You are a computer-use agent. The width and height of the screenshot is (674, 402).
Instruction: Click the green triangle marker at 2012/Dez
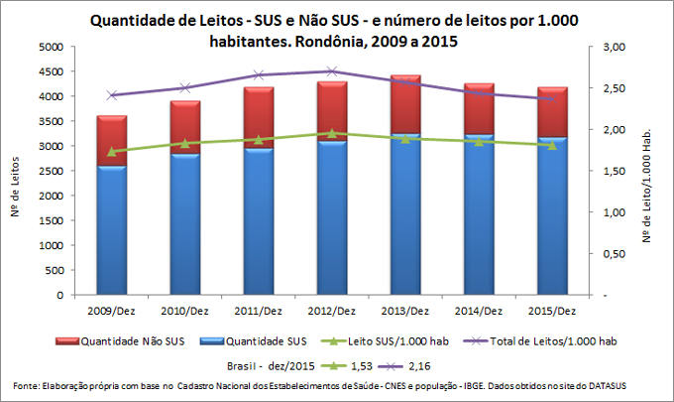(x=331, y=133)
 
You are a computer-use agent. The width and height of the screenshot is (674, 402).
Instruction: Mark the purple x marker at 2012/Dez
(x=331, y=71)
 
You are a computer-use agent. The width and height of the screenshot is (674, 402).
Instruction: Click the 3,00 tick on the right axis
(x=616, y=47)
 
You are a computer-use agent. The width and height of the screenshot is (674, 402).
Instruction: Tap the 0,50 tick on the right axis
(x=616, y=253)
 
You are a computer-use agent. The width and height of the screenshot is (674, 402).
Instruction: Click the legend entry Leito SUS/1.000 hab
(x=374, y=342)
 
